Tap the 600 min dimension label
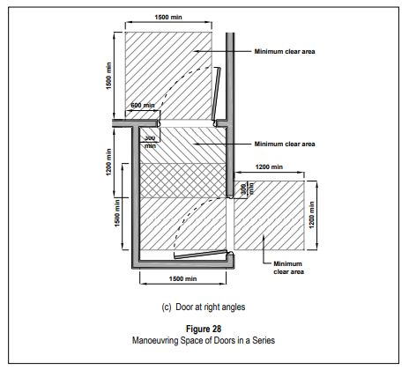click(x=143, y=107)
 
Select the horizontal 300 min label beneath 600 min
click(x=150, y=140)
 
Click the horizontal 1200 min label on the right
click(x=268, y=166)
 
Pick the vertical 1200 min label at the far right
click(x=315, y=213)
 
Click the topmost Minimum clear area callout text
click(x=285, y=51)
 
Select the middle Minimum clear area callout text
click(x=285, y=144)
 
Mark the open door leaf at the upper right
click(x=218, y=92)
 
